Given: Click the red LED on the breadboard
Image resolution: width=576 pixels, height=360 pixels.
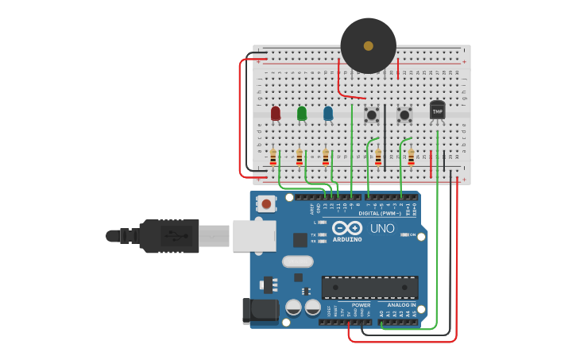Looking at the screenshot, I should [276, 114].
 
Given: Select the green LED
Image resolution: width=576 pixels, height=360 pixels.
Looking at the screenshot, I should [302, 114].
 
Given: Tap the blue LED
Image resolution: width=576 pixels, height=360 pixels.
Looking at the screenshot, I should [328, 114].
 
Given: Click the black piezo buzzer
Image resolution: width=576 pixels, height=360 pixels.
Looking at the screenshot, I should [368, 46].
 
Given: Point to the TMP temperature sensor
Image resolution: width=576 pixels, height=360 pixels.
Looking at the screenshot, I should [438, 110].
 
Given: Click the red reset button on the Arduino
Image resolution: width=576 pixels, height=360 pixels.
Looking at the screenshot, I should [266, 204].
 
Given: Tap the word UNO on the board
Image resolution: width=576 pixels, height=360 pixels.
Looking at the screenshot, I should [382, 229].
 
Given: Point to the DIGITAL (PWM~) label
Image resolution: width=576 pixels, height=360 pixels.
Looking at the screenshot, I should [381, 213].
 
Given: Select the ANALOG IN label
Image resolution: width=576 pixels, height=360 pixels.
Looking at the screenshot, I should [401, 304].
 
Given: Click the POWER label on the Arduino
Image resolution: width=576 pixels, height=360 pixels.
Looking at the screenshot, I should [361, 304].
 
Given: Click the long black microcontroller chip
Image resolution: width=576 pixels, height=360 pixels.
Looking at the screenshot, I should [369, 287].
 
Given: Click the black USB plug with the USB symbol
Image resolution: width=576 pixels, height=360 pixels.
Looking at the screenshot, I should [169, 236].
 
